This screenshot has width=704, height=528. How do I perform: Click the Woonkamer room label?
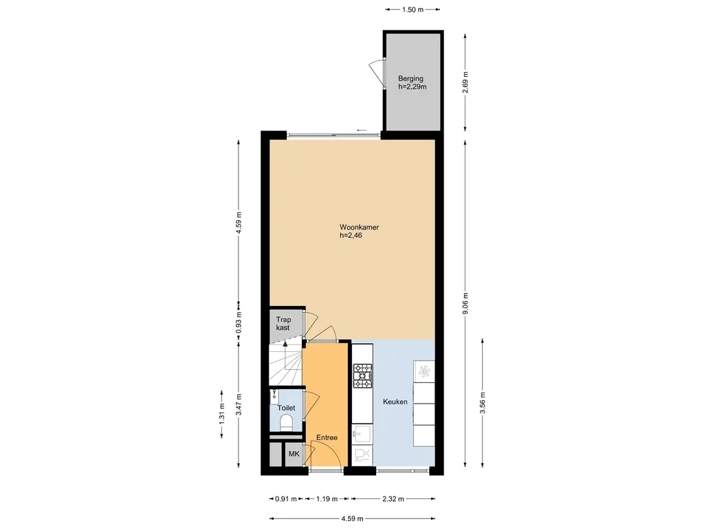pos(359,227)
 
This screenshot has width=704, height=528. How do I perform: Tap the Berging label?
pos(410,78)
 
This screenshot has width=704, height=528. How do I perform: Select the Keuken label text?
pos(395,401)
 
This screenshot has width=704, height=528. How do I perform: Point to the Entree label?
pos(327,437)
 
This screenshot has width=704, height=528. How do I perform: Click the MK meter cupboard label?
pos(294,454)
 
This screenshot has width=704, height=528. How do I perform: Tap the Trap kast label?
pos(283,324)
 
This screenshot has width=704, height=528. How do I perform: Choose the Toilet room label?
pos(287,408)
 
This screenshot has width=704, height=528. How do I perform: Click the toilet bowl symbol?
pos(286,423)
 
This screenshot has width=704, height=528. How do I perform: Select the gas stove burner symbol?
pos(363,376)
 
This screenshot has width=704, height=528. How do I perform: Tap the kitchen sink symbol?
pos(362,434)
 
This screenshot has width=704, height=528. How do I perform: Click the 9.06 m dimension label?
pos(465,303)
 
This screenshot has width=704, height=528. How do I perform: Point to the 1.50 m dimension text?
pos(412,10)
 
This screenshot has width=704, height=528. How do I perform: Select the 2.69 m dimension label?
pos(465,82)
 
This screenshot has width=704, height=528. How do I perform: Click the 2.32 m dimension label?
pos(393,498)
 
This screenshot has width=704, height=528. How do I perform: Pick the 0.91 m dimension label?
pos(286,498)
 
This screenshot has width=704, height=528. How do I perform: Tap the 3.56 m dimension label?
pos(483,403)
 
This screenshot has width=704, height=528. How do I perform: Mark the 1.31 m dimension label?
pos(222,413)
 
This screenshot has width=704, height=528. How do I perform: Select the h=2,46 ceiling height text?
pos(351,235)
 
